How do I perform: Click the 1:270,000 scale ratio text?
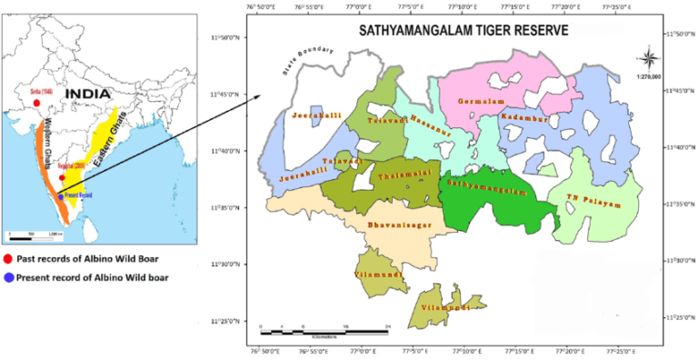click(649, 80)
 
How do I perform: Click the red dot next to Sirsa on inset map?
click(35, 102)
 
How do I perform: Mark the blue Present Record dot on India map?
click(60, 195)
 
